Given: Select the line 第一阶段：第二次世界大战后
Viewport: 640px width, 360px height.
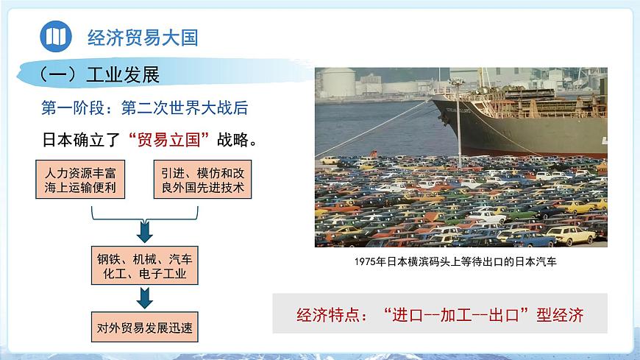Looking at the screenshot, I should [144, 108].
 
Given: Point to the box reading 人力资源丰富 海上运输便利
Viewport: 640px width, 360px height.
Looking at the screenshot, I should [81, 180].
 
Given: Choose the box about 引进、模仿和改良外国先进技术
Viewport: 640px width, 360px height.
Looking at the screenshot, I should [202, 180].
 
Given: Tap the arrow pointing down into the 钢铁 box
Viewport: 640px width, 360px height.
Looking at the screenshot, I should [145, 231].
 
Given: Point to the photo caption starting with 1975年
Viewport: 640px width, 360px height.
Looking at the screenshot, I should [461, 261].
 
